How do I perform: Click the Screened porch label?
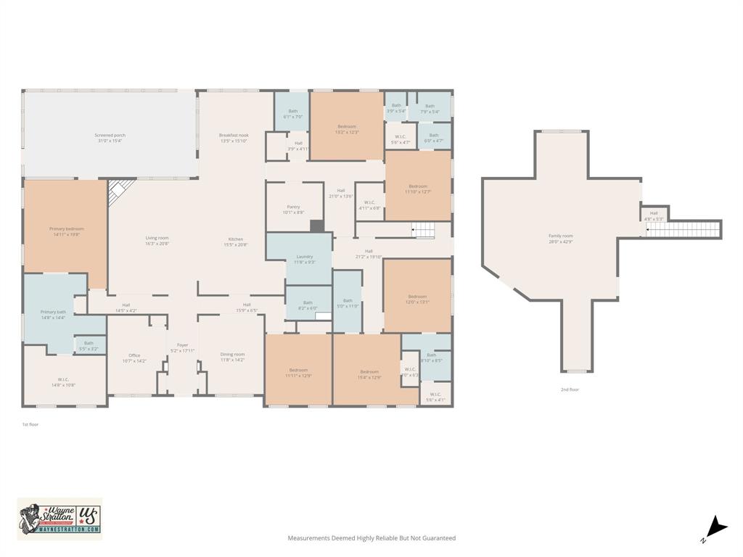pyautogui.click(x=110, y=135)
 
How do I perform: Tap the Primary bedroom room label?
pyautogui.click(x=67, y=228)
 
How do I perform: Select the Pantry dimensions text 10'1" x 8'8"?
pyautogui.click(x=292, y=213)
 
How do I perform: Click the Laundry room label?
pyautogui.click(x=305, y=256)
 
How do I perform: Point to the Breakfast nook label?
pyautogui.click(x=234, y=135)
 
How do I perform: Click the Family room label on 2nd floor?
pyautogui.click(x=560, y=236)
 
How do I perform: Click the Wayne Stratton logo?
pyautogui.click(x=59, y=519)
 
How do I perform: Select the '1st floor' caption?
pyautogui.click(x=30, y=424)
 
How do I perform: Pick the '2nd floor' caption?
pyautogui.click(x=570, y=389)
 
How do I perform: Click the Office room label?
pyautogui.click(x=134, y=355)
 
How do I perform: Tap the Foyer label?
pyautogui.click(x=182, y=345)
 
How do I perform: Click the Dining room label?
pyautogui.click(x=232, y=354)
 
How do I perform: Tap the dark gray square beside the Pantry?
pyautogui.click(x=317, y=226)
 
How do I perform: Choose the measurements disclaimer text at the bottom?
pyautogui.click(x=371, y=538)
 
